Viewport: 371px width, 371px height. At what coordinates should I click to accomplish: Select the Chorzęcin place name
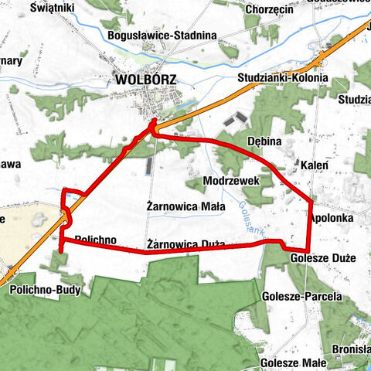tap(267, 9)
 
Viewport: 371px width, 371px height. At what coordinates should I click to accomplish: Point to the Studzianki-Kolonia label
tap(287, 78)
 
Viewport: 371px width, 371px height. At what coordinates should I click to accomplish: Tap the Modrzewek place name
tap(226, 180)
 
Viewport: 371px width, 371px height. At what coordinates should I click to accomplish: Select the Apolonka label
tap(332, 219)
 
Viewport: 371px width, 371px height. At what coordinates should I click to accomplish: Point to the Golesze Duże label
tap(323, 257)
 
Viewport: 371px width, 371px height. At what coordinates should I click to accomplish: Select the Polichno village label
tap(96, 239)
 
